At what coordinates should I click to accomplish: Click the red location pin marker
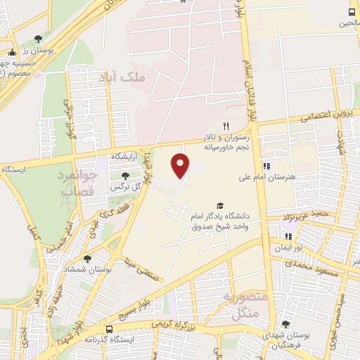[181, 165]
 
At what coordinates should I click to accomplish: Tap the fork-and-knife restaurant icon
[226, 125]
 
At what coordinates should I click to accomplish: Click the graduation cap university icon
[220, 205]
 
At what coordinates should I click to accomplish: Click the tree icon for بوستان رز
[38, 39]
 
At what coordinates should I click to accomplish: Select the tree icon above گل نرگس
[125, 176]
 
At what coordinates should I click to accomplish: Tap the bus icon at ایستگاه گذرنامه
[109, 328]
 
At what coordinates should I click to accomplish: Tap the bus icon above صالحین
[352, 13]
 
